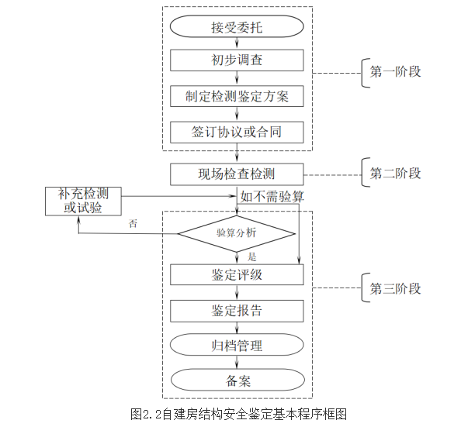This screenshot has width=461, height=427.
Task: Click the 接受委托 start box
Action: click(x=237, y=27)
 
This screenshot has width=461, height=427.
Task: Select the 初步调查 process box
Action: click(x=237, y=61)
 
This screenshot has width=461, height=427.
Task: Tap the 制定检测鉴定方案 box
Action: click(x=237, y=96)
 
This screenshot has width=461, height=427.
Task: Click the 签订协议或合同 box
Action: click(x=237, y=132)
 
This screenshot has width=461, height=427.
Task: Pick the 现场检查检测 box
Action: click(x=237, y=173)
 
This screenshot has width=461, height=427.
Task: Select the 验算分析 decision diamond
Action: click(x=237, y=232)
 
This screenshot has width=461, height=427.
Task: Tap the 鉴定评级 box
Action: click(x=237, y=274)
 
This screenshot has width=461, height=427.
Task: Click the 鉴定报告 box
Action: click(x=237, y=310)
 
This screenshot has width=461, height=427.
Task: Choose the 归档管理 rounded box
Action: click(x=237, y=345)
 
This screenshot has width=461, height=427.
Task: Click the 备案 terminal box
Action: click(x=237, y=380)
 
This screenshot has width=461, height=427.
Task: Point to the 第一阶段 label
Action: click(x=396, y=72)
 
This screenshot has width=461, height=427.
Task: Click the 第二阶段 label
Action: click(x=396, y=172)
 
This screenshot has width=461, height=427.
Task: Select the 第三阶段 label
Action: click(x=396, y=288)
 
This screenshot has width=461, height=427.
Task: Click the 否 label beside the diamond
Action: click(x=133, y=223)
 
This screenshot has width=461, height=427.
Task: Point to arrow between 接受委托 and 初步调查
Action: click(x=237, y=44)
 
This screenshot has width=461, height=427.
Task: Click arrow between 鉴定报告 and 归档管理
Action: click(x=237, y=328)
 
